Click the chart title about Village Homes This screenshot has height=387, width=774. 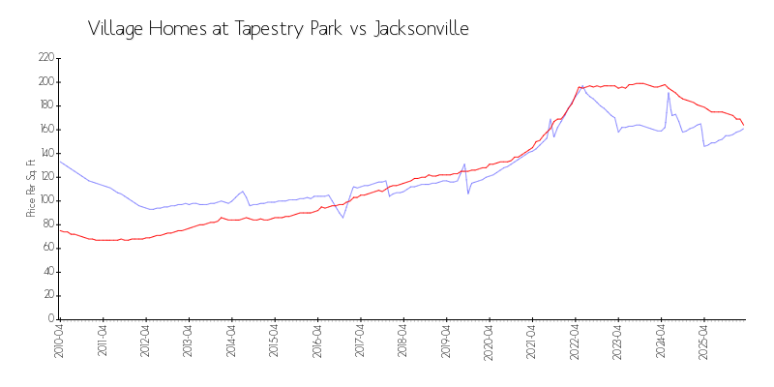coord(279,29)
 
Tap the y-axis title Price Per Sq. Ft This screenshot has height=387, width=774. coord(31,188)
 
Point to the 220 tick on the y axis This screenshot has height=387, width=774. coord(45,58)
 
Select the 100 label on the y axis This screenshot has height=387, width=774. coord(45,200)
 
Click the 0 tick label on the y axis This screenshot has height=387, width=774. coord(50,318)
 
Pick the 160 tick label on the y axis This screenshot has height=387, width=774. coord(45,130)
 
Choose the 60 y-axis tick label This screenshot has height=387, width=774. coord(46,248)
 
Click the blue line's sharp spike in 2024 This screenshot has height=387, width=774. coord(669,93)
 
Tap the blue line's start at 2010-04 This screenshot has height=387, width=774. coord(59,162)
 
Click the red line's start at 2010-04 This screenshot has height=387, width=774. coord(59,230)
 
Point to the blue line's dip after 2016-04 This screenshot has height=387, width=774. coord(342,217)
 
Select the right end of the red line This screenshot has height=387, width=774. coord(743,125)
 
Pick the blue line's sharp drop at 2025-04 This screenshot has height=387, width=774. coord(704,146)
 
